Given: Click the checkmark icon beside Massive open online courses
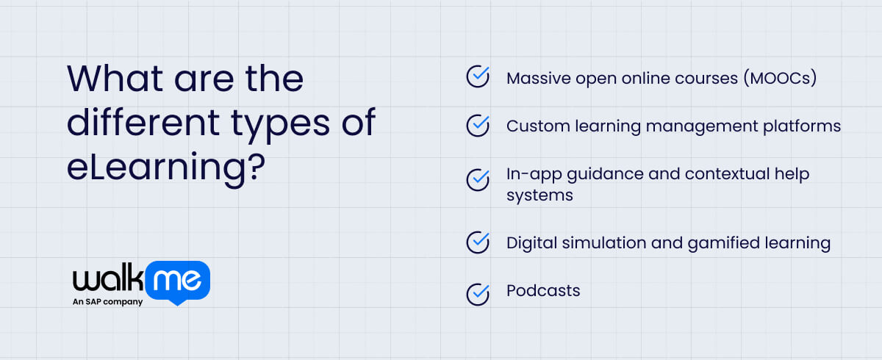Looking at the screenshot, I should pyautogui.click(x=478, y=77).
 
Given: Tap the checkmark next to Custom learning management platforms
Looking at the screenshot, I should pyautogui.click(x=478, y=125).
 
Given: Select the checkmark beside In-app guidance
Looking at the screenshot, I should pyautogui.click(x=478, y=178).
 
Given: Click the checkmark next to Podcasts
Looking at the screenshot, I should pyautogui.click(x=478, y=294).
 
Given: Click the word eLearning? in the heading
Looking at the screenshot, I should pyautogui.click(x=165, y=169).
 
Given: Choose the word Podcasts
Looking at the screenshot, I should pyautogui.click(x=543, y=291).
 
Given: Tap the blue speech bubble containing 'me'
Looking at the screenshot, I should pyautogui.click(x=179, y=281).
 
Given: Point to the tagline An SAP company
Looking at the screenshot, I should pyautogui.click(x=107, y=302).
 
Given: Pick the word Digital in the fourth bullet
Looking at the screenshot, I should pyautogui.click(x=532, y=242).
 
